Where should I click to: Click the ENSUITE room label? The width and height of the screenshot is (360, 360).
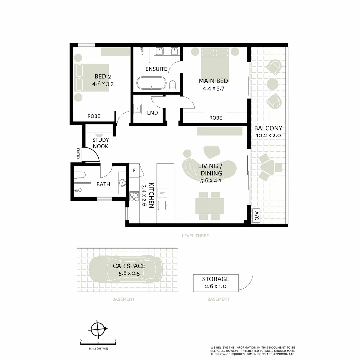coord(156,69)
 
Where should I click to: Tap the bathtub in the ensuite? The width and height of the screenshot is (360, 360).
coord(151,83)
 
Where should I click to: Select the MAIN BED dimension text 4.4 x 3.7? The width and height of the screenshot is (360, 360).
coord(214,88)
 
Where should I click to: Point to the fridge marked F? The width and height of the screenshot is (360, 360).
coord(134,170)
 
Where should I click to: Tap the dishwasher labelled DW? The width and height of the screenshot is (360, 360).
coord(162,193)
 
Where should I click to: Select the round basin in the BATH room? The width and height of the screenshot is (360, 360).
coord(122,183)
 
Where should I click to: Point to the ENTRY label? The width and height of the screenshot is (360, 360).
coord(78,154)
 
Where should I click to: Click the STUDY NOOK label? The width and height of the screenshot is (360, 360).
coord(101,143)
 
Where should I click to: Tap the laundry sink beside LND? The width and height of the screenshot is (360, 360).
coord(138,109)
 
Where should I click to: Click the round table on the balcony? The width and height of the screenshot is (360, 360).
coord(273,84)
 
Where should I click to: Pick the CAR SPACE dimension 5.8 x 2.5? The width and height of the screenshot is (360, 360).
coord(129,273)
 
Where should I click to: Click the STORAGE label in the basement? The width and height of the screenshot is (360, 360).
coord(216,279)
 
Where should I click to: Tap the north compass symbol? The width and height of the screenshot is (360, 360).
coord(98,329)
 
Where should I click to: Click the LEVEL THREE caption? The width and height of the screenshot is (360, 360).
coord(195,236)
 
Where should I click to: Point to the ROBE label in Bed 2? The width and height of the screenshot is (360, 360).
coord(94,116)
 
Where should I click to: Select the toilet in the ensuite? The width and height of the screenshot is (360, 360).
coord(172,86)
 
